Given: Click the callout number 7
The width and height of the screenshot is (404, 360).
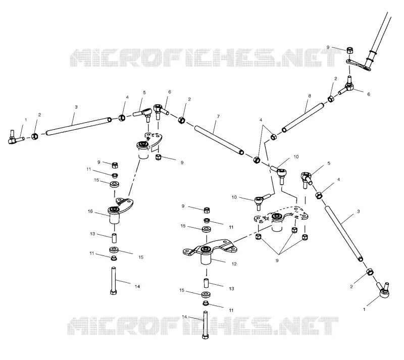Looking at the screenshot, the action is [218, 117].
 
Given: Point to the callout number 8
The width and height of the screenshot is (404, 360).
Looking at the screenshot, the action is [310, 96].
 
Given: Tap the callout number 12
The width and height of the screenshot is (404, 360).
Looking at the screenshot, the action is [234, 264].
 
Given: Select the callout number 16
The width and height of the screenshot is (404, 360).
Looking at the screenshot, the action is [90, 212].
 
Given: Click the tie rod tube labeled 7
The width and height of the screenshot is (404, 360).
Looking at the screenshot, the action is [219, 140].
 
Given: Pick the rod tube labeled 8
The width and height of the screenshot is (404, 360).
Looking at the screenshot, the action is [303, 118].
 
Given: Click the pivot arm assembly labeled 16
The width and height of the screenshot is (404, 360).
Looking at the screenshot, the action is [119, 210].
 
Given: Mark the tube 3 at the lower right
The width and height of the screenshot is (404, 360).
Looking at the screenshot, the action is [344, 234].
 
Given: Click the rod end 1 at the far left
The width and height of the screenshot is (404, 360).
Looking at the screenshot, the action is [16, 137].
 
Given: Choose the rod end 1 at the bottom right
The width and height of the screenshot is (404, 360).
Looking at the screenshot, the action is [382, 290].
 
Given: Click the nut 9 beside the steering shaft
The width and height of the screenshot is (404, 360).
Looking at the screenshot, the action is [349, 50].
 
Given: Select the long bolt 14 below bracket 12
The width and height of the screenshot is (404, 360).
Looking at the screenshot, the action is [206, 325].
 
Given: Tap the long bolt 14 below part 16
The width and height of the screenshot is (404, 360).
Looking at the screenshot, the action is [114, 281].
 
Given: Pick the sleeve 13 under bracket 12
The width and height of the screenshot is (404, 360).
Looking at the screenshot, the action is [207, 283].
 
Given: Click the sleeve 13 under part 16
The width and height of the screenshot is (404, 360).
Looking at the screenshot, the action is [114, 238].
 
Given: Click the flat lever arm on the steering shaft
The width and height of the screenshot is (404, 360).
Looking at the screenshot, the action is [358, 65].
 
